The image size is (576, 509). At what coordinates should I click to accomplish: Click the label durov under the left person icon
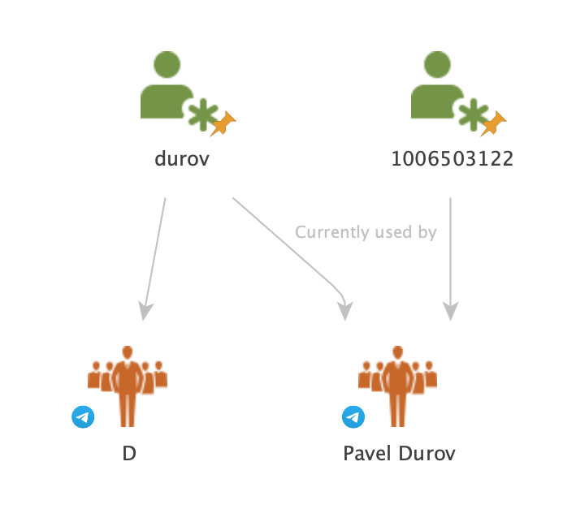point(182,158)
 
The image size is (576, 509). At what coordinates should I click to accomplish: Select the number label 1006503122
point(452,158)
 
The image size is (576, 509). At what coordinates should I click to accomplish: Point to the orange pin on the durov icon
point(223,124)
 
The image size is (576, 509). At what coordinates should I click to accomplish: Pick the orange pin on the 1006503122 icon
point(493,124)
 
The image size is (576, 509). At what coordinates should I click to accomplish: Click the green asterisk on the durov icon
point(201,115)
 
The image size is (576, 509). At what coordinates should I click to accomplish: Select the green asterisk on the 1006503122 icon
point(471,115)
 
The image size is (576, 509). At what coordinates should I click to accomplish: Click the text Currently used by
point(366,233)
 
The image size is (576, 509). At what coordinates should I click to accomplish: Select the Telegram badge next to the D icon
point(83,417)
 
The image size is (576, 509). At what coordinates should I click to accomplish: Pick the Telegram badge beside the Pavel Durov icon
point(353,417)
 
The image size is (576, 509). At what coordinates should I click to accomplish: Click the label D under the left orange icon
point(128,453)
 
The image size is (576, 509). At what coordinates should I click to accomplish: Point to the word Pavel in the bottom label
point(367,453)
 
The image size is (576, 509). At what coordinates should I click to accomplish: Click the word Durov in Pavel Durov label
point(427,453)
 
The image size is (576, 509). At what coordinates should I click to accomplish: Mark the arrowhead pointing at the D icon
point(145,311)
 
